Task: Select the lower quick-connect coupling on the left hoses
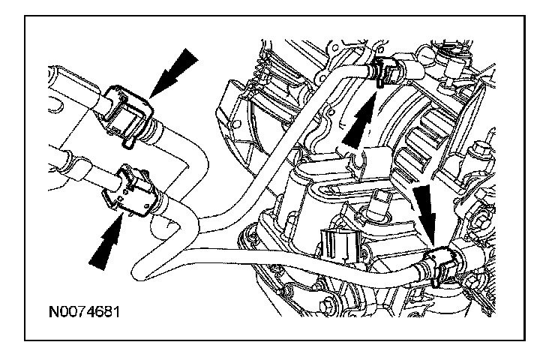coord(135,191)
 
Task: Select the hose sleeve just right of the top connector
coord(415,68)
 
